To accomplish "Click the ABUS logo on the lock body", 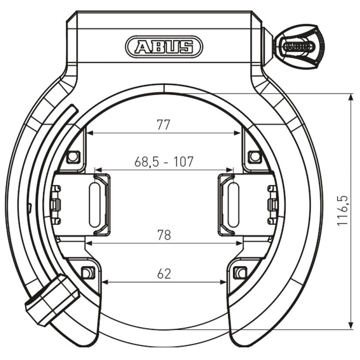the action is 164,47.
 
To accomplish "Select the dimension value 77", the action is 164,125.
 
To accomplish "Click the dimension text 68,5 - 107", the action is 164,161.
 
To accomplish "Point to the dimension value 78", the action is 164,235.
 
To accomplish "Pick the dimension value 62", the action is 164,274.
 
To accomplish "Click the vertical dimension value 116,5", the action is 343,211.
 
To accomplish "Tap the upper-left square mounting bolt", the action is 73,157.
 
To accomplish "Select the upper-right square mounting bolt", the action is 254,157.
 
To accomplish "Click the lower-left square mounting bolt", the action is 88,273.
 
